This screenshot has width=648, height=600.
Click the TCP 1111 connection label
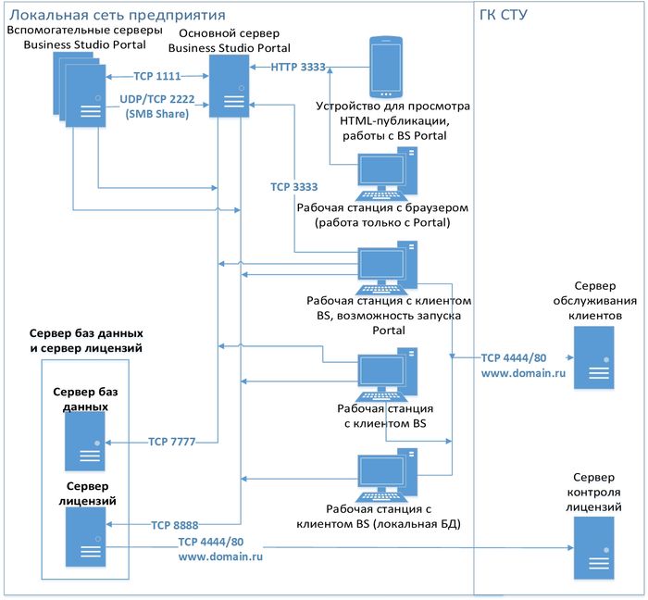pyautogui.click(x=156, y=77)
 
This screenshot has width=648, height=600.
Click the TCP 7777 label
pyautogui.click(x=172, y=442)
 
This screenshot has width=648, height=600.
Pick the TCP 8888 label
pyautogui.click(x=174, y=524)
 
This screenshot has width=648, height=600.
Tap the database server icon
pyautogui.click(x=84, y=443)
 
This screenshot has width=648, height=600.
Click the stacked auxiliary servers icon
pyautogui.click(x=80, y=89)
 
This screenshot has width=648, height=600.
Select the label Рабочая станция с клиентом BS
pyautogui.click(x=385, y=415)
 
